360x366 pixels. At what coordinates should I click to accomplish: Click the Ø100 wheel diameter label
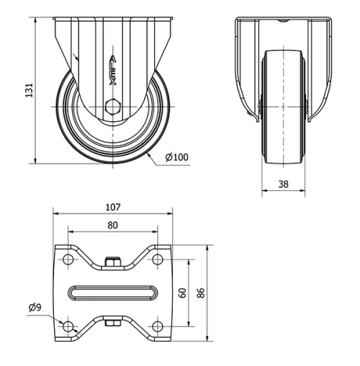pos(176,157)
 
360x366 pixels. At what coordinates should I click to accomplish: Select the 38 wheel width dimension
pos(283,184)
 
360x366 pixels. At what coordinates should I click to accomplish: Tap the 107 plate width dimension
pos(112,207)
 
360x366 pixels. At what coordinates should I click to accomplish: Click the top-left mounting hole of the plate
pos(68,259)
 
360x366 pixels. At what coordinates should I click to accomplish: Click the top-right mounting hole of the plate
pos(157,259)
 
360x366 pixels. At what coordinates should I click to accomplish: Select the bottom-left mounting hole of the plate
pos(68,326)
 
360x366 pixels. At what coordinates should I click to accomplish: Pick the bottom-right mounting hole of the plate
pos(157,326)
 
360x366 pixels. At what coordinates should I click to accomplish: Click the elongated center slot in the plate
pos(113,293)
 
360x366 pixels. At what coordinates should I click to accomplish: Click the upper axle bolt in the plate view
pos(112,262)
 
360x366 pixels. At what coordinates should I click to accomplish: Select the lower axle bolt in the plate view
pos(112,323)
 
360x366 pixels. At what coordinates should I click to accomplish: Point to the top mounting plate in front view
pos(283,19)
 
